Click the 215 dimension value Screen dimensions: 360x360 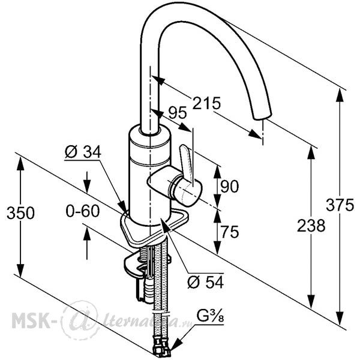[206, 103]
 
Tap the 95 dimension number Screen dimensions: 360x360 [178, 113]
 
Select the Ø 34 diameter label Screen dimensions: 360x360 [83, 152]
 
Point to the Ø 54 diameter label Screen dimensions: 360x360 [205, 282]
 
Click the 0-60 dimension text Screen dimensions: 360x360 [83, 211]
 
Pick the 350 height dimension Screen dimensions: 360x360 [20, 213]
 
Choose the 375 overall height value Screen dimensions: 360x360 [340, 205]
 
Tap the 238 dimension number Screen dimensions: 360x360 [311, 226]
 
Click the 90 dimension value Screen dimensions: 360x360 [230, 186]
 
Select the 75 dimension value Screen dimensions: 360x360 [230, 232]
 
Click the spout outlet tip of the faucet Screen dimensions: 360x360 [262, 116]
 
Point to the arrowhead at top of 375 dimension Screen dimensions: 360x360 [340, 95]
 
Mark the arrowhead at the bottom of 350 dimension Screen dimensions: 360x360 [20, 271]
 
